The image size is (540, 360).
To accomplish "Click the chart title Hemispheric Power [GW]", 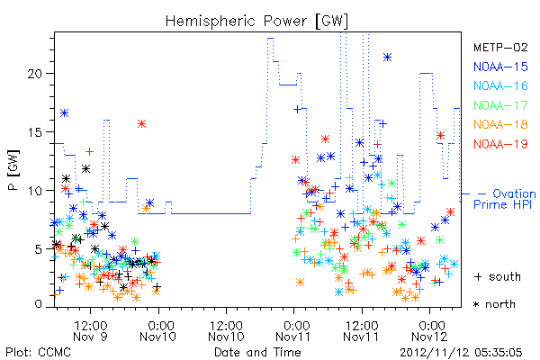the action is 256,22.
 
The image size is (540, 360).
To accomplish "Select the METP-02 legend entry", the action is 500,47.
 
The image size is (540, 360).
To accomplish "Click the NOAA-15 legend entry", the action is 500,67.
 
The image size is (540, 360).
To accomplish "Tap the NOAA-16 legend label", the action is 500,85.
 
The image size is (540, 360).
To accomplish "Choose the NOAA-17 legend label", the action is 500,105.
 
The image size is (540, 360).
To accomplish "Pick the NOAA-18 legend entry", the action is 500,124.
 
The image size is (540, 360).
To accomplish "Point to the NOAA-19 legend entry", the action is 500,144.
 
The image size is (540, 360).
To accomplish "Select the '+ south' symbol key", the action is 498,276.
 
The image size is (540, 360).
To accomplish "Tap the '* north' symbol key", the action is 494,304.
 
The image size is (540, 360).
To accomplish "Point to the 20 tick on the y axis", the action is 35,74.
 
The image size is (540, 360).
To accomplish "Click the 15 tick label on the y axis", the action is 35,132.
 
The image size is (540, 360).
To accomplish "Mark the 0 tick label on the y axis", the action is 39,304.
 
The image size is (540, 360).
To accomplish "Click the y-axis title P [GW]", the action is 13,170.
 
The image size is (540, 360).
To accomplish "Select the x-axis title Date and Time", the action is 257,352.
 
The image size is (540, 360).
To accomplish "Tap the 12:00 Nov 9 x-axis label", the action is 91,330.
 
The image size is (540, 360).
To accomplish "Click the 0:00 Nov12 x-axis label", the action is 430,330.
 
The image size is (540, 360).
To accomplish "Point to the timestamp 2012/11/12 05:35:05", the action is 461,353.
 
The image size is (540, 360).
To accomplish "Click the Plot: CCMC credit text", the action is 38,352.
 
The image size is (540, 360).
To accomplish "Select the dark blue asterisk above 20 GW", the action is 387,58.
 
